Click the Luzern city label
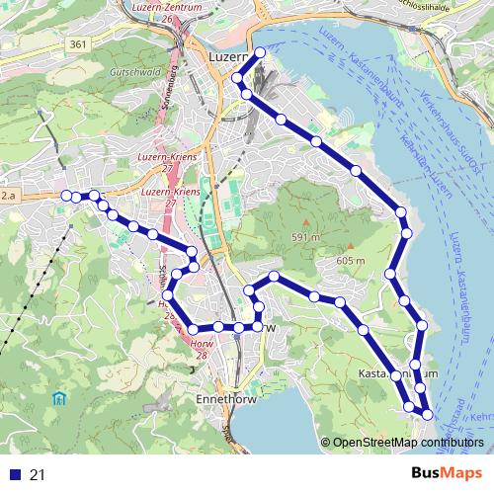(x=226, y=57)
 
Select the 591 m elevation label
(x=305, y=237)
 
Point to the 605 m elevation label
(x=350, y=260)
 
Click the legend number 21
(x=38, y=475)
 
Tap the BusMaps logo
(x=441, y=474)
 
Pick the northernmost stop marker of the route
(x=260, y=52)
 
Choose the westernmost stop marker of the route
(x=66, y=196)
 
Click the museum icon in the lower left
(x=58, y=399)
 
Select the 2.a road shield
(x=10, y=198)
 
